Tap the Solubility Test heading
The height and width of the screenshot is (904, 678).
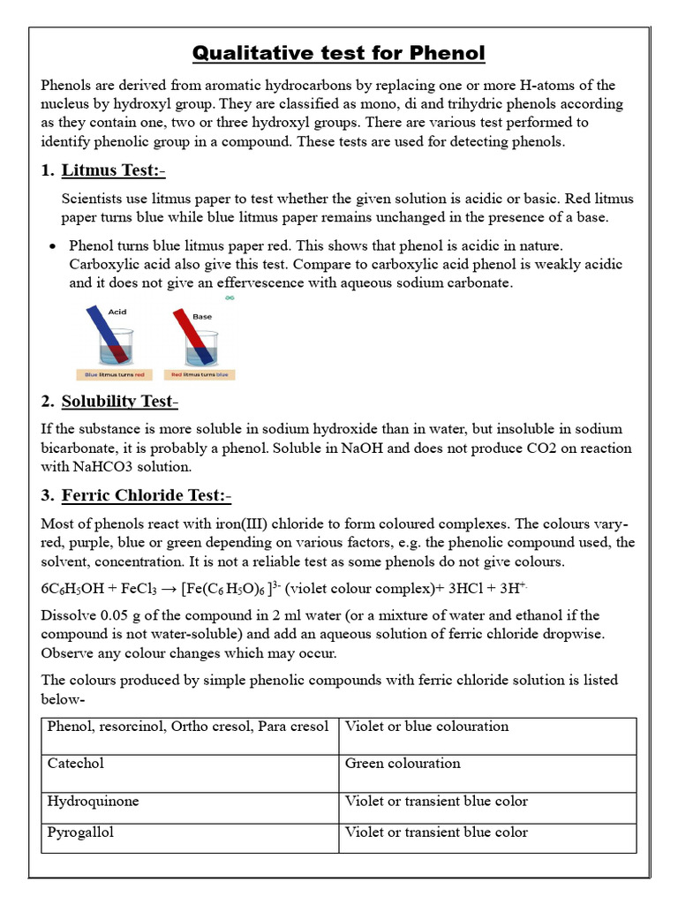tap(119, 402)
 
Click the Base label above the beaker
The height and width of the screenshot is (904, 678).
tap(202, 316)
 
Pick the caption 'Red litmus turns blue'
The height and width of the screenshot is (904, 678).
tap(200, 374)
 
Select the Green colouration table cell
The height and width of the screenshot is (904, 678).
tap(403, 764)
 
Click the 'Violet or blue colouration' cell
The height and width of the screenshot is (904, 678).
tap(426, 727)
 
